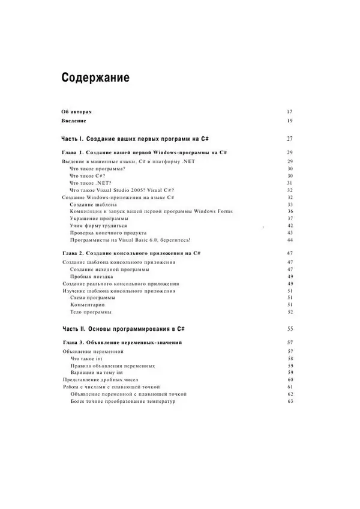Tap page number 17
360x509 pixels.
point(289,112)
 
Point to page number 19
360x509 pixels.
point(289,121)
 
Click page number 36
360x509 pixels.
point(289,211)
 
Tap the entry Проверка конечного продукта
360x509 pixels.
point(108,233)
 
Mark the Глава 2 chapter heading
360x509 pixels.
point(131,253)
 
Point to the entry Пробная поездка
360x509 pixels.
point(91,276)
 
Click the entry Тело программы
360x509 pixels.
point(91,312)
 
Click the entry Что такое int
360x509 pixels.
point(86,358)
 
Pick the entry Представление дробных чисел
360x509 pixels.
point(101,379)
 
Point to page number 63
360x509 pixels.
point(289,401)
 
